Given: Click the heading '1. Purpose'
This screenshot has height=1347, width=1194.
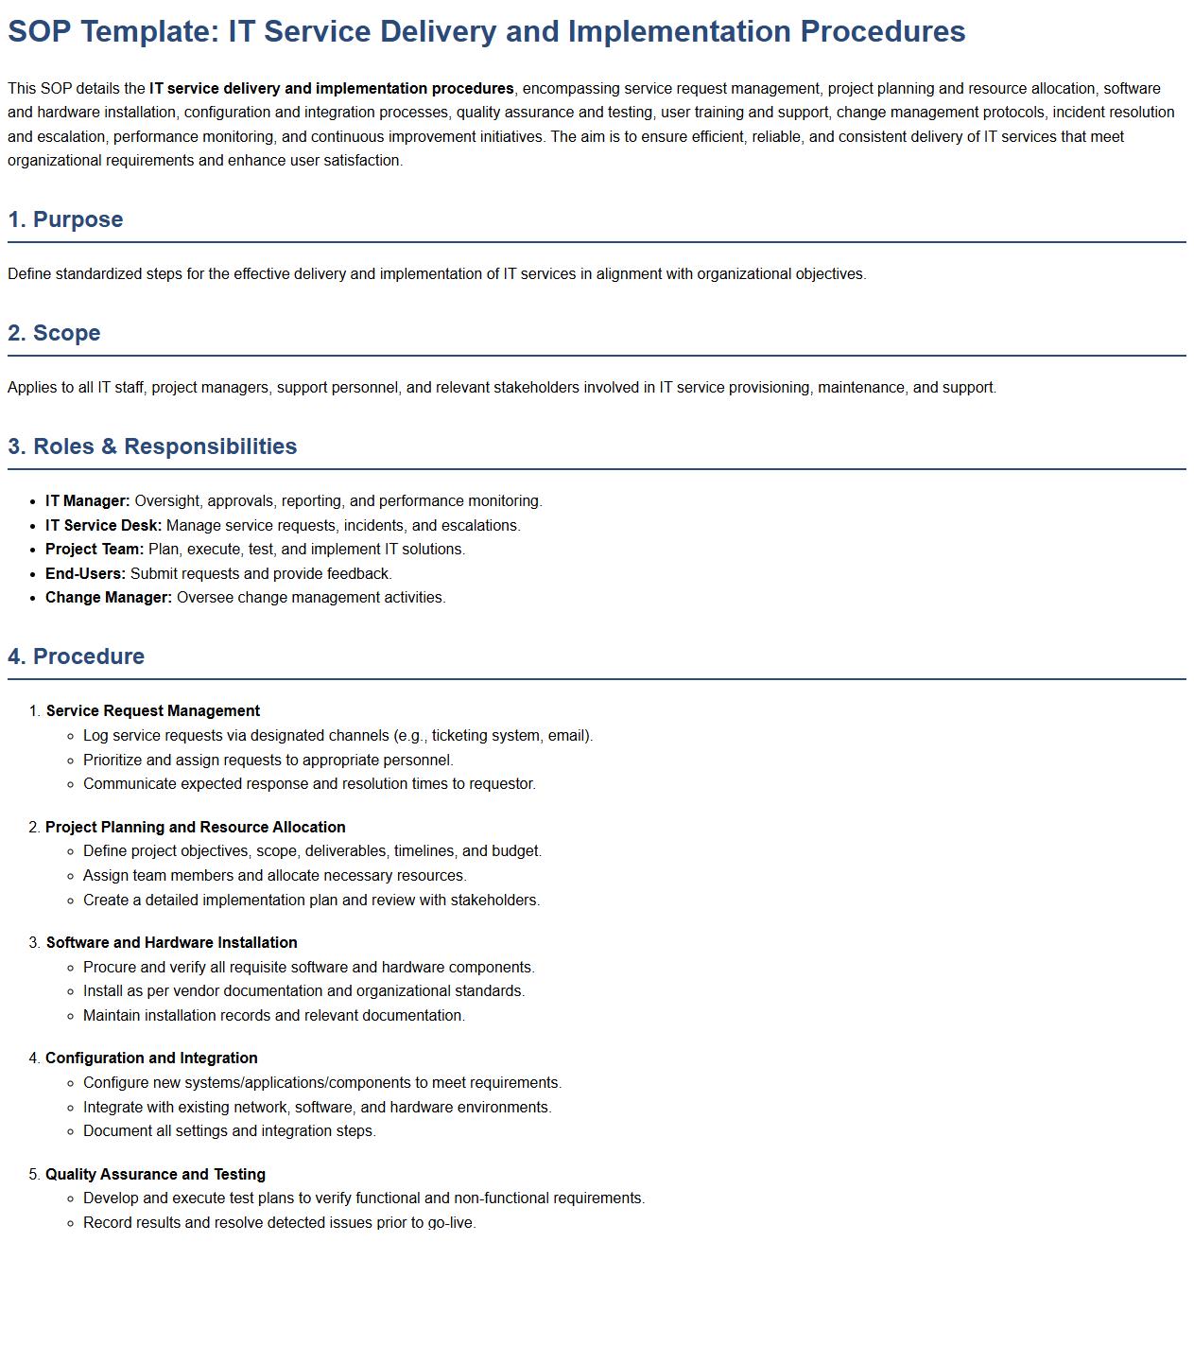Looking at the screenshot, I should click(x=65, y=219).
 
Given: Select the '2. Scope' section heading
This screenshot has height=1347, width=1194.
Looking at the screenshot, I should click(x=54, y=333).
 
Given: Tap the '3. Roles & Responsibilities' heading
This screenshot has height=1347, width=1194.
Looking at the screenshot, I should click(x=152, y=446).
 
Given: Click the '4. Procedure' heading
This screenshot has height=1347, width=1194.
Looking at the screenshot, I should click(x=76, y=656).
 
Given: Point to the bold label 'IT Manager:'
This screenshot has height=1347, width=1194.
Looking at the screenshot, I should click(x=88, y=501).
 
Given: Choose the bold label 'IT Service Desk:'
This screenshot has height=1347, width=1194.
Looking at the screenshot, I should click(x=104, y=526).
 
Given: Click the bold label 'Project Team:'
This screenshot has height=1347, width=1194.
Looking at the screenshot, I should click(x=95, y=550).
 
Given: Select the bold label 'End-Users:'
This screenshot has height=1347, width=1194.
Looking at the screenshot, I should click(x=85, y=574).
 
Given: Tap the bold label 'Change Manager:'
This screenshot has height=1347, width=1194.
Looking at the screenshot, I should click(x=109, y=598).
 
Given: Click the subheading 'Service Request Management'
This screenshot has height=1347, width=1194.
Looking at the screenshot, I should click(x=153, y=711).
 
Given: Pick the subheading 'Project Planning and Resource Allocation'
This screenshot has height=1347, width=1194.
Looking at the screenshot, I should click(x=196, y=828).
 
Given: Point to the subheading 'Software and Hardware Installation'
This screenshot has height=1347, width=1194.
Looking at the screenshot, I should click(x=172, y=943).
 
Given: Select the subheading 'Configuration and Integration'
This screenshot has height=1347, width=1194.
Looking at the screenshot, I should click(x=151, y=1058).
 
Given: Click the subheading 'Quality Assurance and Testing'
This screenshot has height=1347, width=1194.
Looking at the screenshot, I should click(x=156, y=1175).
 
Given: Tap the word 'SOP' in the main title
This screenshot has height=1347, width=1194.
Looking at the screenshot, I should click(x=39, y=31).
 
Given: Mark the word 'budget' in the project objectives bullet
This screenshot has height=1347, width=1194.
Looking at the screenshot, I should click(x=514, y=851).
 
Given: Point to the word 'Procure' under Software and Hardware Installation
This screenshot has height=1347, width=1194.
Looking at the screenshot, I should click(x=110, y=968).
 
